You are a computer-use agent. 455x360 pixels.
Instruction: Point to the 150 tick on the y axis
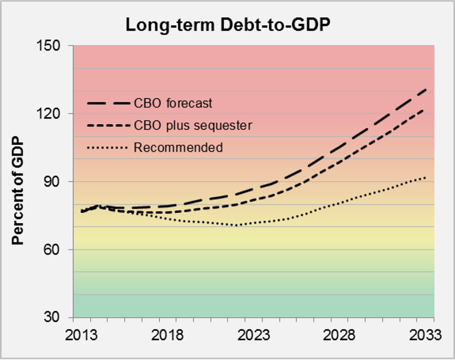click(x=54, y=46)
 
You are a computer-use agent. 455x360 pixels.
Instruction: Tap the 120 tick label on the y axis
click(x=54, y=114)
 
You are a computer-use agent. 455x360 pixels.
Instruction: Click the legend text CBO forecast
click(x=173, y=103)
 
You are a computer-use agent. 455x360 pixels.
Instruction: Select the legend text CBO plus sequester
click(x=193, y=125)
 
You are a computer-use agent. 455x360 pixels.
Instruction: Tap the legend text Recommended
click(x=178, y=148)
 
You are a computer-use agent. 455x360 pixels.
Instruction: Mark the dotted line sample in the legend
click(x=108, y=148)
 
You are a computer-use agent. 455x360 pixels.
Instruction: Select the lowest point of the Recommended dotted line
click(x=237, y=225)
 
